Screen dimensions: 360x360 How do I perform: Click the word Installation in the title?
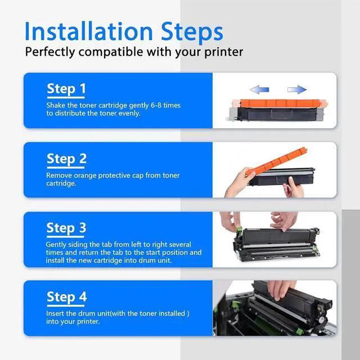pyautogui.click(x=89, y=31)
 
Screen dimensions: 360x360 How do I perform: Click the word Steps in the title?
pyautogui.click(x=192, y=31)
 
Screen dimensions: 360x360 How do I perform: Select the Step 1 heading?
pyautogui.click(x=66, y=89)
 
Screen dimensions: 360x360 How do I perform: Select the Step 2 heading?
pyautogui.click(x=66, y=159)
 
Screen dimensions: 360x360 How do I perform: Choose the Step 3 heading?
pyautogui.click(x=66, y=228)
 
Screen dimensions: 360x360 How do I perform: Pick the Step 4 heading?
pyautogui.click(x=66, y=297)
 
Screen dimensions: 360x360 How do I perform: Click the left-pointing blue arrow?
pyautogui.click(x=259, y=89)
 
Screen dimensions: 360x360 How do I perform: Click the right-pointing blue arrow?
pyautogui.click(x=297, y=89)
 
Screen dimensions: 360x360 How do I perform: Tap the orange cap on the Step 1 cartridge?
pyautogui.click(x=280, y=103)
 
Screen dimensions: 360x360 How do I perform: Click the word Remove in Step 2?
pyautogui.click(x=59, y=175)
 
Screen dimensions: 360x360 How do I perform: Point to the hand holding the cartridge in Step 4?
pyautogui.click(x=281, y=290)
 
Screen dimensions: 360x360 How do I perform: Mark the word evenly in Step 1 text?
pyautogui.click(x=129, y=114)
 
